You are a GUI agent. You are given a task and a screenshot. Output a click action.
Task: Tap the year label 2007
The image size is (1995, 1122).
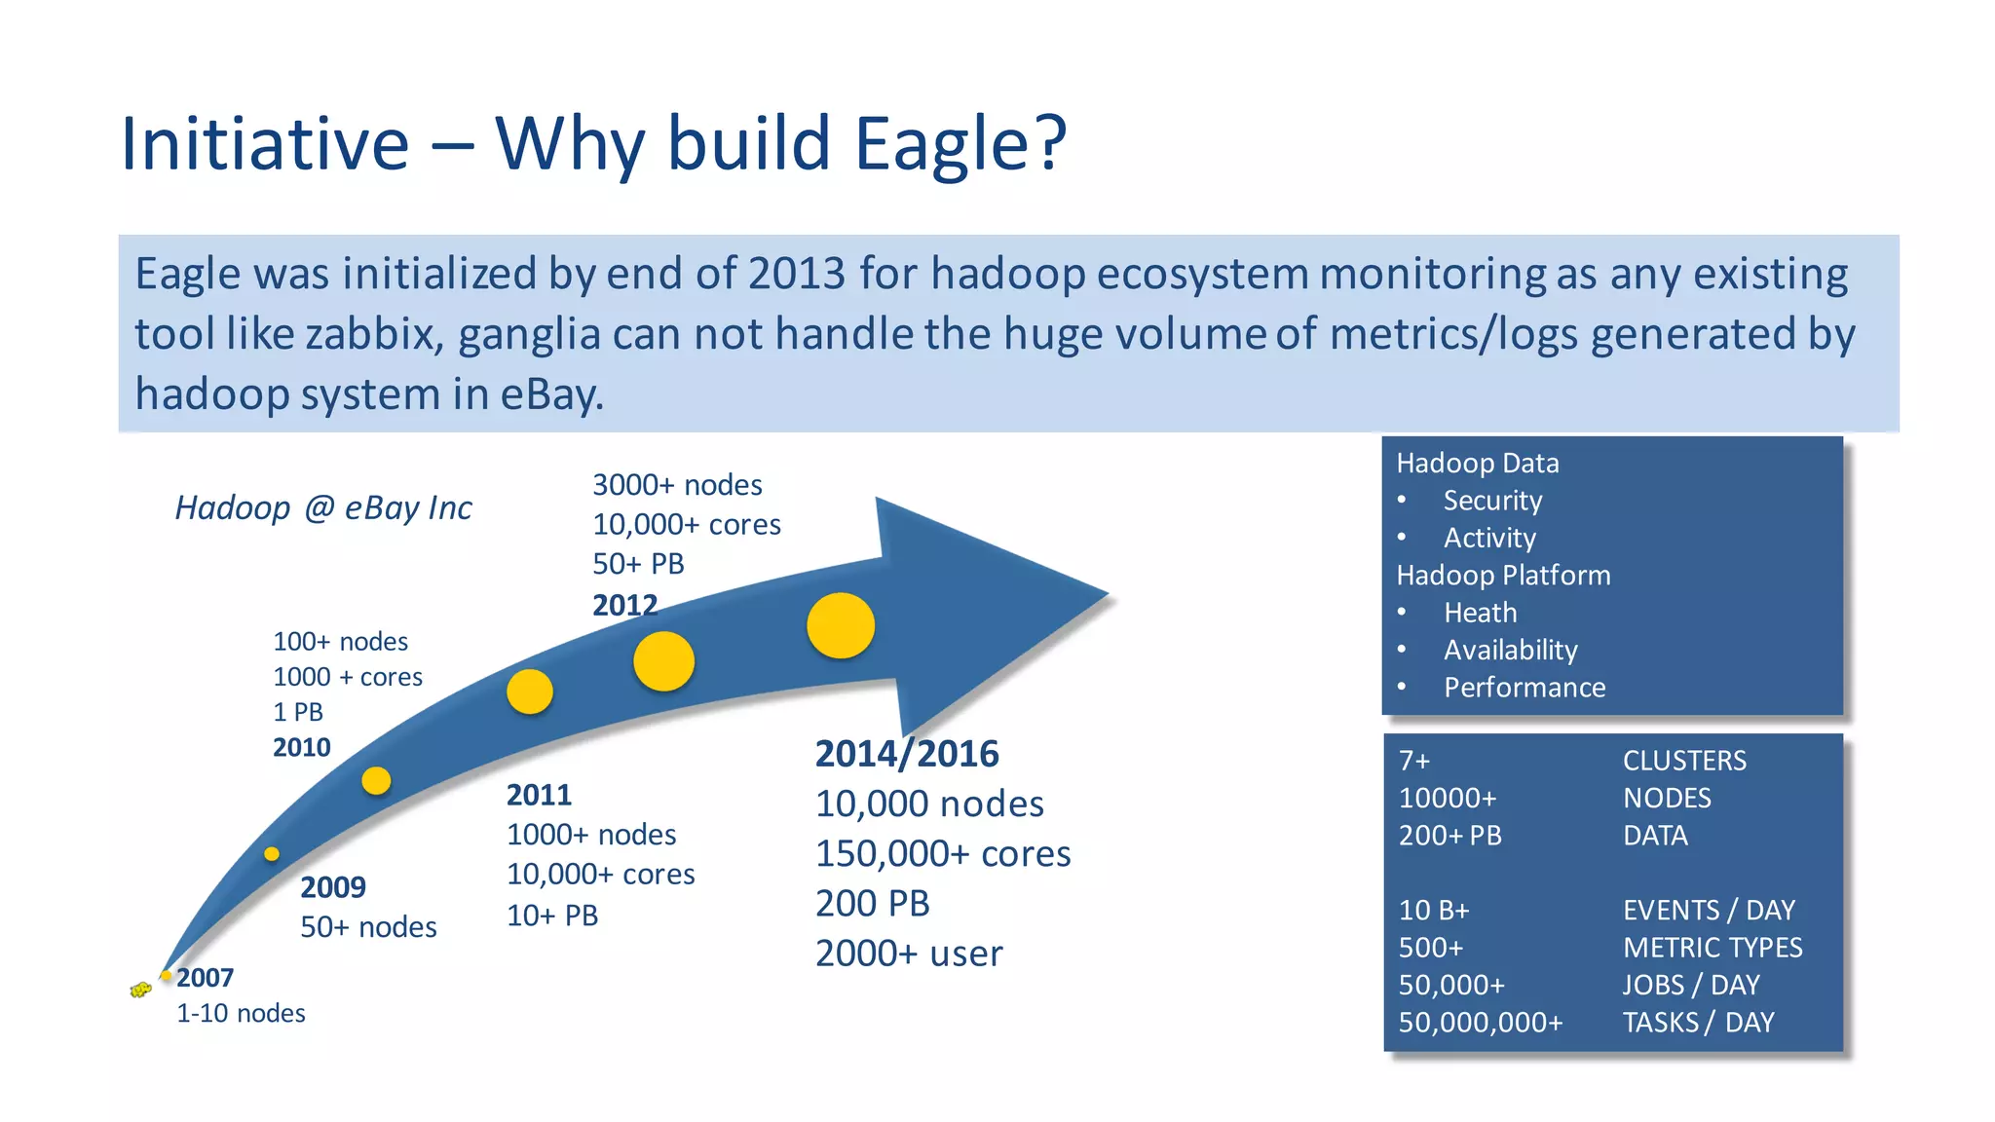coord(206,977)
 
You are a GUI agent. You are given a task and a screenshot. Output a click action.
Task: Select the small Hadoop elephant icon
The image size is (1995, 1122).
coord(140,991)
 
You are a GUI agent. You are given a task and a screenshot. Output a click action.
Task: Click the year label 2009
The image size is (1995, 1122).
coord(333,887)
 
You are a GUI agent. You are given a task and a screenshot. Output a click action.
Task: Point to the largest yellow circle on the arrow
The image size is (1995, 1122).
coord(841,625)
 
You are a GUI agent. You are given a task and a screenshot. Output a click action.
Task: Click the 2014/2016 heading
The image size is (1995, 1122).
coord(907,754)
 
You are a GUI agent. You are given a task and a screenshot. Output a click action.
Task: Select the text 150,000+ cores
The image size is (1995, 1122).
coord(943,853)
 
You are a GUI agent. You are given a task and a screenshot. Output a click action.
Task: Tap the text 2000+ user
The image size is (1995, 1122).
coord(909,953)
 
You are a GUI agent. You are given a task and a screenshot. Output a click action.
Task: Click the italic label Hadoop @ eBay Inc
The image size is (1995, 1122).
coord(323,507)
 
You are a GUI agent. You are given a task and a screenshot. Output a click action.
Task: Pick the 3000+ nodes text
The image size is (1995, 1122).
coord(677,484)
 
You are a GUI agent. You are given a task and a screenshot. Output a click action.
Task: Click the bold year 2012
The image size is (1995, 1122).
coord(625,605)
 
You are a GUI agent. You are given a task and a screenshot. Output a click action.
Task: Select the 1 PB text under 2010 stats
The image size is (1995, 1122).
coord(298,712)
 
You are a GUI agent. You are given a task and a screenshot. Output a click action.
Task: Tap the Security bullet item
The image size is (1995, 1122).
coord(1492,501)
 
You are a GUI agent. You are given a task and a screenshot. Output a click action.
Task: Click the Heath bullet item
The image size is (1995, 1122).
coord(1480,613)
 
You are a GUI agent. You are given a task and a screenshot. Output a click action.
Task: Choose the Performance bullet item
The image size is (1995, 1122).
coord(1524,688)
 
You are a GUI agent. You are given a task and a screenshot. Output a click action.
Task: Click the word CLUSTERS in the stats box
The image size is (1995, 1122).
coord(1684,761)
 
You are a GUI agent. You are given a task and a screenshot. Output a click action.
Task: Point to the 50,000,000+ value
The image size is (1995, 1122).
coord(1481,1023)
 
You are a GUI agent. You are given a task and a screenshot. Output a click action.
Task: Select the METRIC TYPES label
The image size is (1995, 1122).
coord(1713,948)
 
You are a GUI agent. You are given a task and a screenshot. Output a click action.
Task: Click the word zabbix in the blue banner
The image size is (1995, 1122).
coord(373,334)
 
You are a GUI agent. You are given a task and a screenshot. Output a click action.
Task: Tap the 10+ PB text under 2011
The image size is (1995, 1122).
coord(552,916)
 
